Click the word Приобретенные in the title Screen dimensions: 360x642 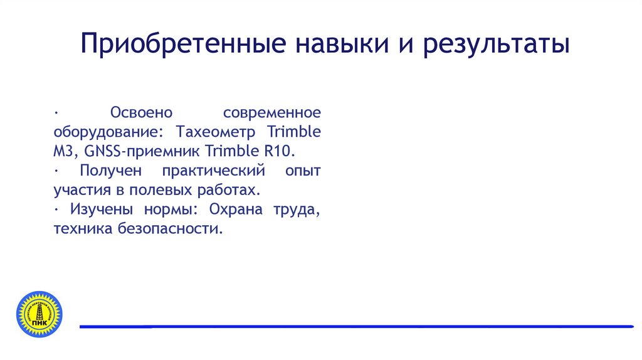click(x=182, y=46)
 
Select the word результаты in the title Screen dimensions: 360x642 click(x=496, y=46)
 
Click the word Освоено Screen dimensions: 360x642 click(x=141, y=113)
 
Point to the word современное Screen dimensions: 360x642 click(x=272, y=113)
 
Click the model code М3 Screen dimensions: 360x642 click(x=64, y=151)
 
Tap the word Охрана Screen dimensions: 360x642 click(x=235, y=209)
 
